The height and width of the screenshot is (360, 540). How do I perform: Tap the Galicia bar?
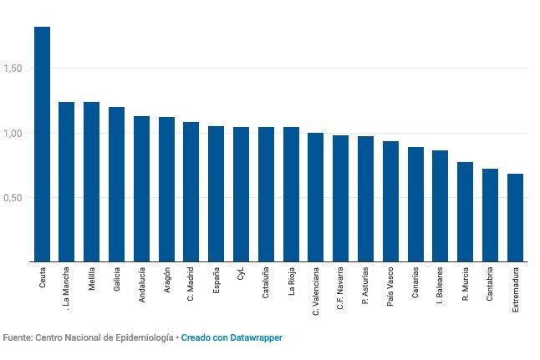(x=116, y=184)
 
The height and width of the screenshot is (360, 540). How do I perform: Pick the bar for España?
(x=216, y=194)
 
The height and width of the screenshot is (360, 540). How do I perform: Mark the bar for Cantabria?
(x=490, y=215)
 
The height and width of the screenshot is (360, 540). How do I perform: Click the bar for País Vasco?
(x=390, y=201)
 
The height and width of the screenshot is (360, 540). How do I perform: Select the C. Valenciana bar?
(x=315, y=197)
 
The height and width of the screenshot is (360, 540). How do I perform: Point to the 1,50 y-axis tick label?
(x=15, y=68)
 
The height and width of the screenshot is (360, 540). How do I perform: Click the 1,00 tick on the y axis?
(x=15, y=133)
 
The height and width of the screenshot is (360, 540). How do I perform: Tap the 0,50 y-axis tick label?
(x=15, y=198)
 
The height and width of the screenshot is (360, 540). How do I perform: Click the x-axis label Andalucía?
(x=142, y=285)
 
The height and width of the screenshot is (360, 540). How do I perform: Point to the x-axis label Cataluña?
(x=266, y=283)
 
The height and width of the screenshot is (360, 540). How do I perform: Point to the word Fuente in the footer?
(x=17, y=337)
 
